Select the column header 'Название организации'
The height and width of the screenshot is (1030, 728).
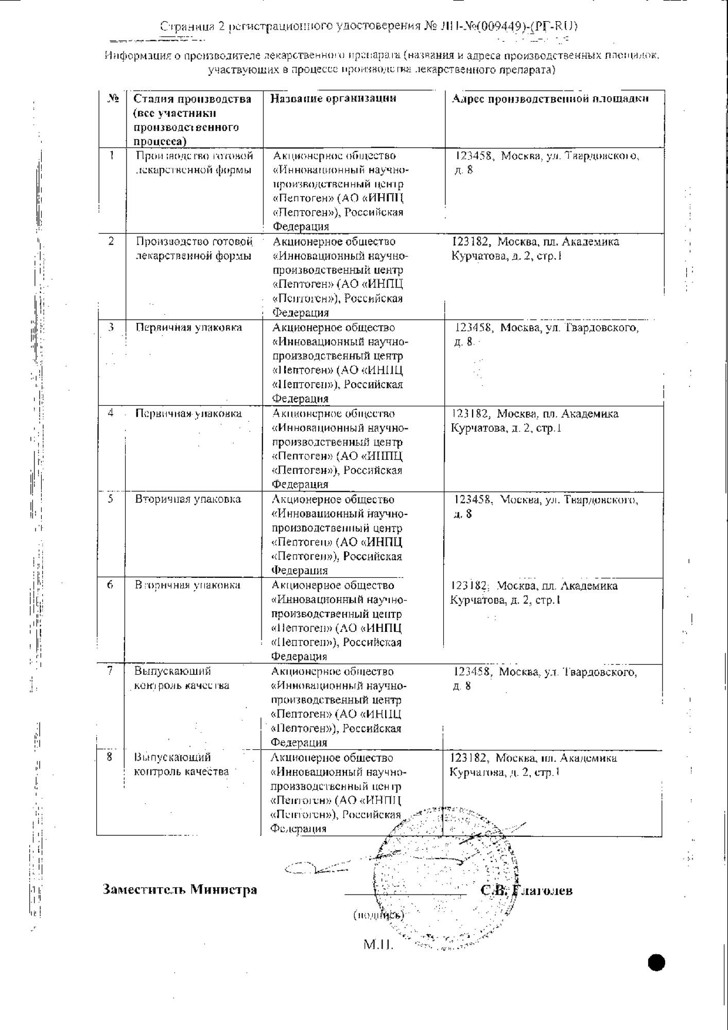pos(333,98)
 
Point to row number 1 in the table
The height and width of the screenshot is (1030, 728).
pos(112,155)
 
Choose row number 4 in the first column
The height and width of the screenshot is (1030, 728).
pos(111,413)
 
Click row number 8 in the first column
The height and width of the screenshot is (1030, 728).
pos(110,757)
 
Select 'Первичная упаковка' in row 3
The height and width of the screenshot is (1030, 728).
pos(188,328)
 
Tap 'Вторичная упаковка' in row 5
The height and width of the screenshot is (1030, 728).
pos(188,499)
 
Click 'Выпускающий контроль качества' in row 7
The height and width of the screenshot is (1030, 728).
pos(181,678)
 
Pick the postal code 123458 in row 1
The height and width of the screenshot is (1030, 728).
pos(475,156)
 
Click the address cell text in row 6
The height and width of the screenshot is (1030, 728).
pos(533,593)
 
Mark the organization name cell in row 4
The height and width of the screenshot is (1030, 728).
pos(337,449)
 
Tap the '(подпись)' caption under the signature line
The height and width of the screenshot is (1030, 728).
pos(378,915)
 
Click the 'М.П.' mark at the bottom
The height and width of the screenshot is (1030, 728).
pos(378,945)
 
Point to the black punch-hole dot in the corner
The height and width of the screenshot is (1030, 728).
pos(656,962)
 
